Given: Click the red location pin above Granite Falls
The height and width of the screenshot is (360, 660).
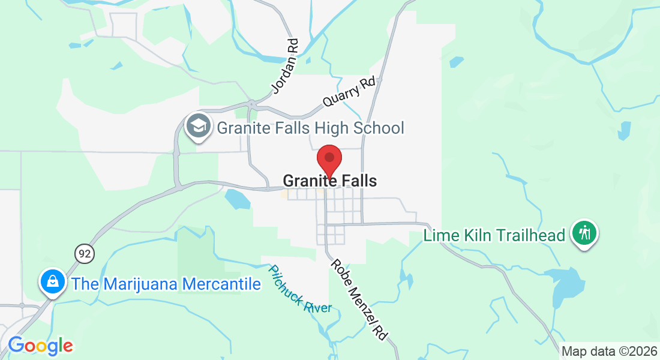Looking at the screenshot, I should [x=329, y=159].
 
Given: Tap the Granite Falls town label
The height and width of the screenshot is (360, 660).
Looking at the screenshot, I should [x=329, y=181].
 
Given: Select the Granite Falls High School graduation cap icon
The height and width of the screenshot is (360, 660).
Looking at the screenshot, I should [x=197, y=127].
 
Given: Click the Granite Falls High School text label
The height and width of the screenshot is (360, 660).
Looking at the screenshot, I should [x=310, y=128].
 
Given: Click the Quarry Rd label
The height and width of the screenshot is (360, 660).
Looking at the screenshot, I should [x=349, y=92].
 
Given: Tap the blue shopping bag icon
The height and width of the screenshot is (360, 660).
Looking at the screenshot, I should [x=53, y=281].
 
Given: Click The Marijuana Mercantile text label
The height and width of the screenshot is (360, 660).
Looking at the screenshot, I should [x=166, y=284].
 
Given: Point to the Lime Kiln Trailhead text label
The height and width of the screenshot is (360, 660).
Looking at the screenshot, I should [x=494, y=235].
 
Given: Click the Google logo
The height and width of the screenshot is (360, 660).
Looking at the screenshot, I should [x=40, y=346].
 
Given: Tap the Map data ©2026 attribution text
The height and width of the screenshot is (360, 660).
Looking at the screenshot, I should [x=608, y=351].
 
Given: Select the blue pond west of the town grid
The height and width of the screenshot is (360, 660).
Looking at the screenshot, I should [x=236, y=200].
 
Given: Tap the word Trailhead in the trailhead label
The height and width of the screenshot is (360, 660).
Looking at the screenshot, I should [x=531, y=235].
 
